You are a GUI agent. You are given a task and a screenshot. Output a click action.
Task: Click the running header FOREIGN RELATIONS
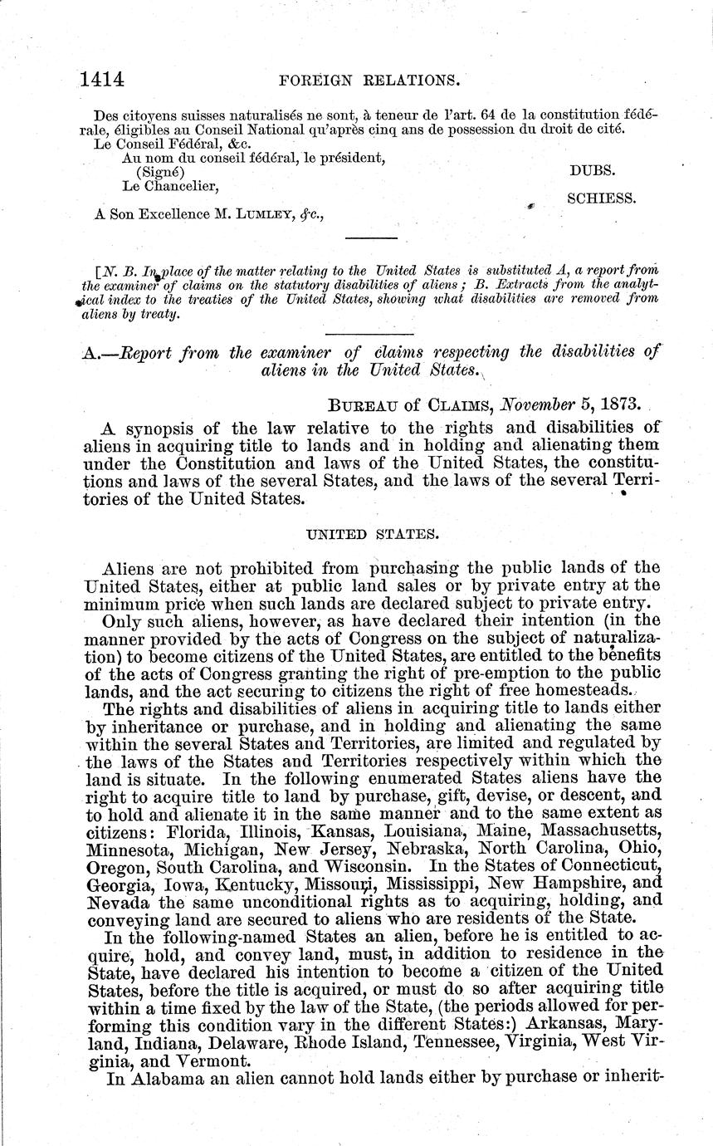[x=370, y=81]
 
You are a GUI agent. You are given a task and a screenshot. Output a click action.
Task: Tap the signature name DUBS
[x=590, y=168]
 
